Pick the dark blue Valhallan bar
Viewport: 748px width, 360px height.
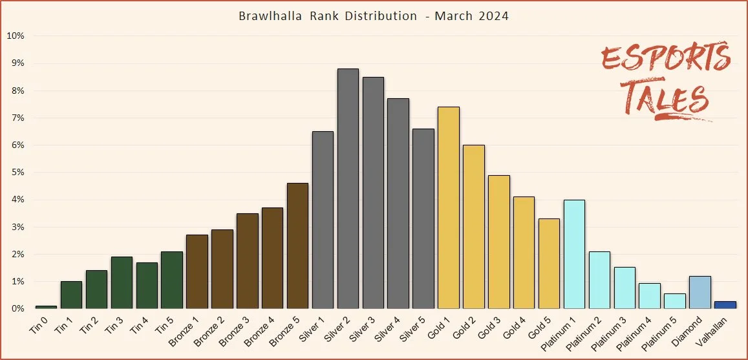point(725,305)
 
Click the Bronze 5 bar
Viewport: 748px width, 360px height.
point(297,246)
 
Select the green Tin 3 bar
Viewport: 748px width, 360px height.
point(122,282)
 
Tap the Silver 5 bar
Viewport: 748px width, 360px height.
point(423,218)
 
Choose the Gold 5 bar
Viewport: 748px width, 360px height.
point(549,264)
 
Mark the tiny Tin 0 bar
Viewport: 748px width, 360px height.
point(46,307)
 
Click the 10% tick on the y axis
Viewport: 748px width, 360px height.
point(16,36)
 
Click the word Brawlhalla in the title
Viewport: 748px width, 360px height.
point(269,16)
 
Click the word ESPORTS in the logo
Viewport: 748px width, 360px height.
point(666,60)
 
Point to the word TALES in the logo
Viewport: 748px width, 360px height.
point(665,98)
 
